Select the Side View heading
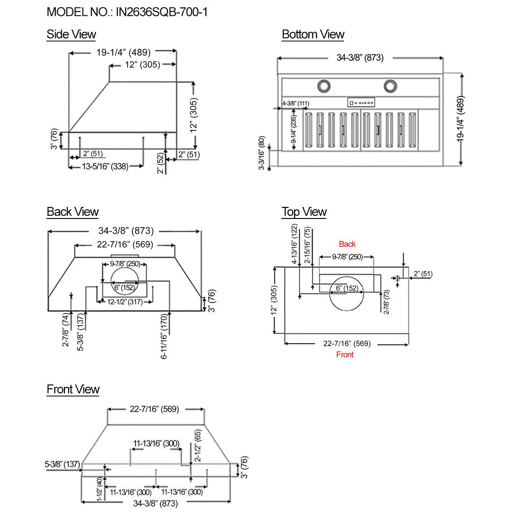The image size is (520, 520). click(x=71, y=34)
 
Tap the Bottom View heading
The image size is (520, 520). click(x=313, y=34)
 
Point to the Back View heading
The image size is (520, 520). click(x=72, y=212)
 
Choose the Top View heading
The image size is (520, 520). click(x=304, y=212)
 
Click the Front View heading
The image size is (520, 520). click(x=73, y=389)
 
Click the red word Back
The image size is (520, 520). click(x=347, y=244)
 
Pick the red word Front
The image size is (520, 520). click(x=345, y=354)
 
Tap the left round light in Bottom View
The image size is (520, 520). click(x=323, y=85)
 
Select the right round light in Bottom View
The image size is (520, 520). click(x=391, y=85)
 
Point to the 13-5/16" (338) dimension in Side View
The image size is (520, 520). click(x=105, y=167)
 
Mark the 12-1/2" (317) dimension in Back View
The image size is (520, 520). click(x=124, y=302)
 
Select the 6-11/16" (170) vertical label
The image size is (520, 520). click(x=164, y=339)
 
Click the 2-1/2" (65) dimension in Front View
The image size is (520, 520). click(x=198, y=445)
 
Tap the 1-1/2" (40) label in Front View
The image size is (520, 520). click(x=99, y=489)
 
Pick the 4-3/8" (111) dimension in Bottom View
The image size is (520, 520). click(x=295, y=103)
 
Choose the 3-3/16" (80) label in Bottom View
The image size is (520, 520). click(x=262, y=153)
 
